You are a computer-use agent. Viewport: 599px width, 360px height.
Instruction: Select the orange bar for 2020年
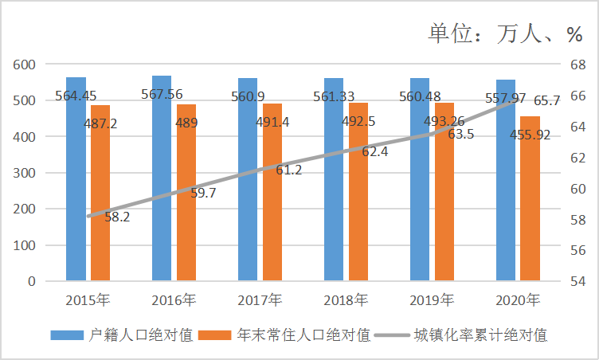point(530,199)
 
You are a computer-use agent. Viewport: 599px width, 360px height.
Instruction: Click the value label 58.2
point(117,217)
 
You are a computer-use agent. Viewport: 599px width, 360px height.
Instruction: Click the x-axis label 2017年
point(260,300)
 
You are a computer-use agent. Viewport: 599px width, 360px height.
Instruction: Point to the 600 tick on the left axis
point(25,65)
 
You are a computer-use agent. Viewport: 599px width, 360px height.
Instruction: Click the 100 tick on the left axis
point(25,245)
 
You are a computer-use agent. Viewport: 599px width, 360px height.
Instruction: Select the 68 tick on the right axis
point(578,65)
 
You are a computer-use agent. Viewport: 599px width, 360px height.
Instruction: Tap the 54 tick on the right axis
point(578,282)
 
